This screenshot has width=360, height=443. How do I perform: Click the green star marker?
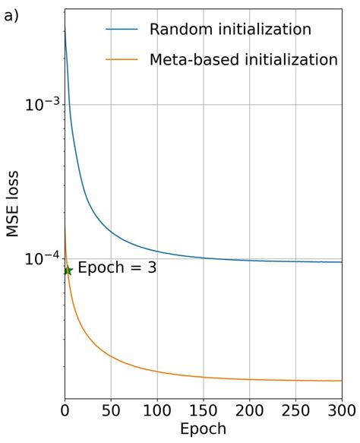[68, 271]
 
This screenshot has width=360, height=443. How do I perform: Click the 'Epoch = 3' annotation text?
[117, 268]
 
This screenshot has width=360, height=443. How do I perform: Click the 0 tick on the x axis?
[65, 410]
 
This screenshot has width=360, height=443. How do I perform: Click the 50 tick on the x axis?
[111, 410]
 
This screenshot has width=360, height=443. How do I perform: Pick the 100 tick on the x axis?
[157, 410]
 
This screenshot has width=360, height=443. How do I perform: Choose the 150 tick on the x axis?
[204, 410]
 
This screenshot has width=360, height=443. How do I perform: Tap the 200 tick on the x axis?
[250, 410]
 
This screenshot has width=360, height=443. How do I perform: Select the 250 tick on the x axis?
[296, 410]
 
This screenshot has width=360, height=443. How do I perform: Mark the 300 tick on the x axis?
[341, 410]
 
